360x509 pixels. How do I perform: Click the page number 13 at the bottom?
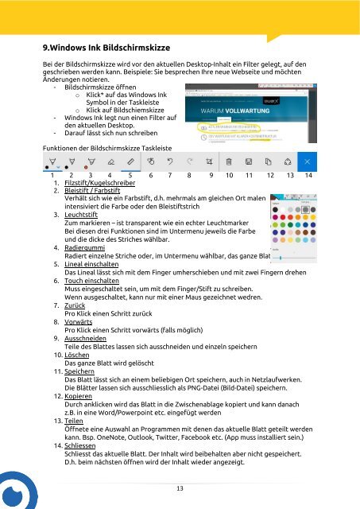tap(180, 488)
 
